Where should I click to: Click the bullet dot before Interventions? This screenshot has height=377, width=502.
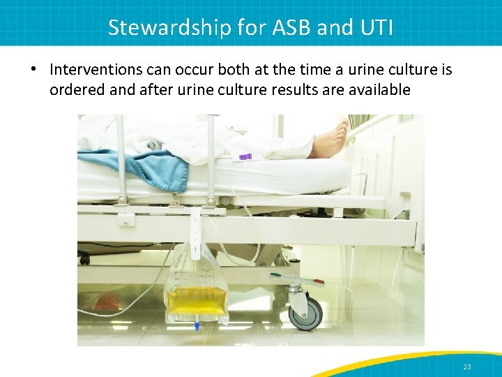tap(33, 70)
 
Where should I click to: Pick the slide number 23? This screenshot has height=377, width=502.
tap(467, 367)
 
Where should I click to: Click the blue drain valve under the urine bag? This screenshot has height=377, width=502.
tap(197, 326)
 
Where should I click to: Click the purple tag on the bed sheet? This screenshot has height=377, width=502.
tap(245, 157)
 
